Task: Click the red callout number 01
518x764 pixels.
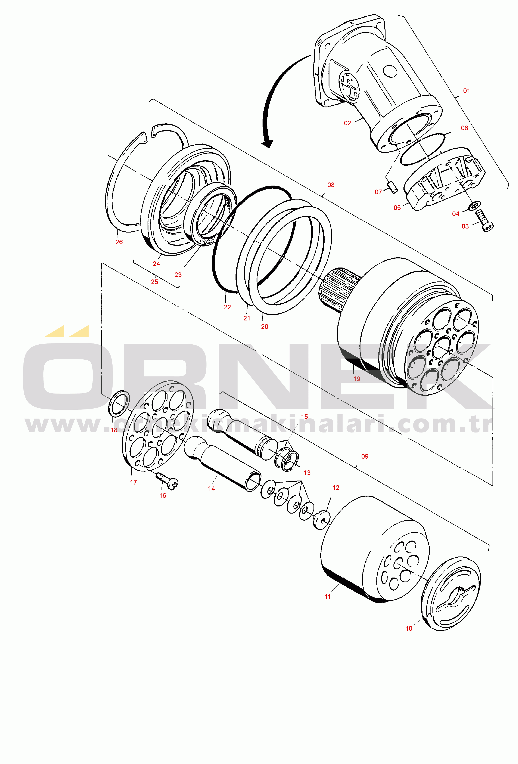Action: pyautogui.click(x=466, y=91)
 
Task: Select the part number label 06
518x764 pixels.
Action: pyautogui.click(x=464, y=128)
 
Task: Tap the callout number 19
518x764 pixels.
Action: pyautogui.click(x=356, y=379)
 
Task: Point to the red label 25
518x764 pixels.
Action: pyautogui.click(x=154, y=282)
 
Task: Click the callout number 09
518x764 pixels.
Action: pyautogui.click(x=364, y=456)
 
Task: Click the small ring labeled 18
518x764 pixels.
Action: pyautogui.click(x=119, y=403)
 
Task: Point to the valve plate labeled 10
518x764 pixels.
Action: pyautogui.click(x=451, y=594)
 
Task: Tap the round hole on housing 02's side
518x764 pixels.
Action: pyautogui.click(x=390, y=71)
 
